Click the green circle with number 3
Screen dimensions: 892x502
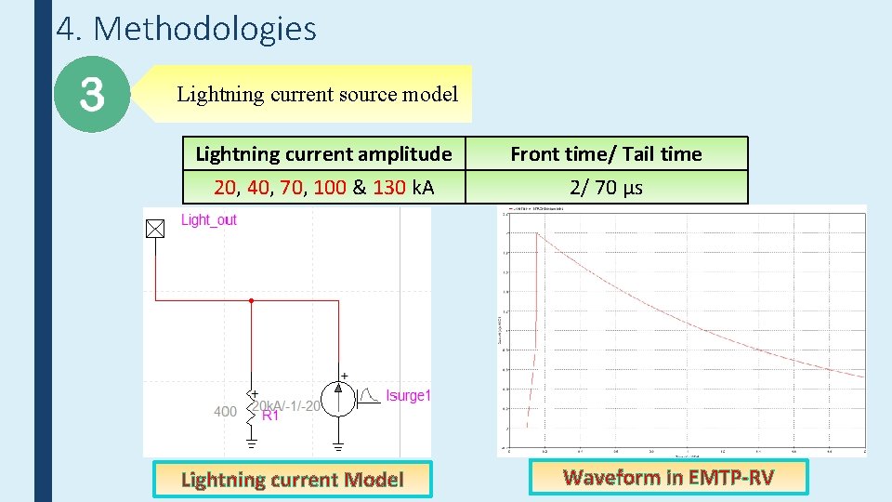point(91,94)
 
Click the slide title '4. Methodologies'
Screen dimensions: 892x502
point(186,29)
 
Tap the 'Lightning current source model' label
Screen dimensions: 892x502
point(317,94)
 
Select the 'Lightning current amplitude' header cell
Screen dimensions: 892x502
point(323,153)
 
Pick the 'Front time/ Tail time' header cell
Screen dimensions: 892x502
point(606,153)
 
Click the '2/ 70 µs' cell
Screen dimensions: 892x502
point(606,187)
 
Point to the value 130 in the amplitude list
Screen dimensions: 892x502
point(389,187)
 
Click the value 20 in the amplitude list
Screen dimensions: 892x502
point(225,187)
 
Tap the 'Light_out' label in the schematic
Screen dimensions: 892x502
point(208,219)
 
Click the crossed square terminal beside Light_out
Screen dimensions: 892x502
point(155,229)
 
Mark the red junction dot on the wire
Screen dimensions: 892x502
point(251,300)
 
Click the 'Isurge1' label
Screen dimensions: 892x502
point(409,396)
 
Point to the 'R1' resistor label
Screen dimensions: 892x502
point(270,416)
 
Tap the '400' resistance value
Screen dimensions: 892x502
point(226,411)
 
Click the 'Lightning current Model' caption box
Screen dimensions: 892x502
point(292,480)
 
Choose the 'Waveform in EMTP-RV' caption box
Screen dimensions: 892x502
point(668,477)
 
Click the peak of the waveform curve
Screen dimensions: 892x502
point(537,232)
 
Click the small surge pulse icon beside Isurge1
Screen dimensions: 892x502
point(370,397)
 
